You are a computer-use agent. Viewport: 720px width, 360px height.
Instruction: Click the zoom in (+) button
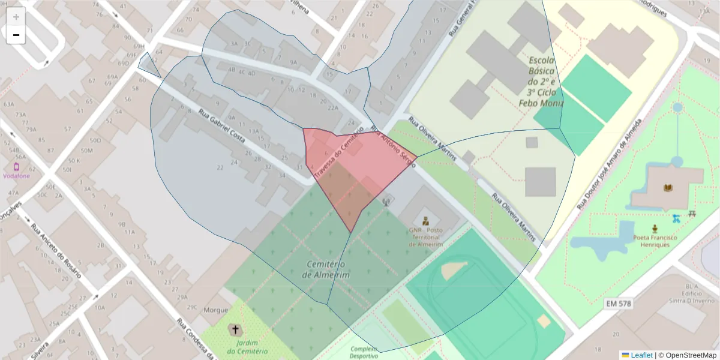pyautogui.click(x=16, y=17)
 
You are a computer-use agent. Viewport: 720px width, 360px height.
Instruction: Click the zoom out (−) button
pyautogui.click(x=16, y=35)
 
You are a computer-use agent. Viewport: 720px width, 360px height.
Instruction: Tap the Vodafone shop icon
pyautogui.click(x=16, y=166)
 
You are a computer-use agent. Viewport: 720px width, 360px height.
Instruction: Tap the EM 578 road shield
pyautogui.click(x=618, y=304)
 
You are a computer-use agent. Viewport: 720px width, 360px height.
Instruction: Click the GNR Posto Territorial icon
pyautogui.click(x=425, y=220)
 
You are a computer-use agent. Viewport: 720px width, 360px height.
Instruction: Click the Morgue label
pyautogui.click(x=216, y=310)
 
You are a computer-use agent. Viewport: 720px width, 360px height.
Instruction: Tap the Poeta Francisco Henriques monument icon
pyautogui.click(x=655, y=228)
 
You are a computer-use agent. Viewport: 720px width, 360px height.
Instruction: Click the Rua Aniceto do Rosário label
pyautogui.click(x=56, y=251)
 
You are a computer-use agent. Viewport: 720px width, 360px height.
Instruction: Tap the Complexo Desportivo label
pyautogui.click(x=363, y=352)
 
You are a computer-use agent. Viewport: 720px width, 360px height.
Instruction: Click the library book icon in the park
pyautogui.click(x=667, y=188)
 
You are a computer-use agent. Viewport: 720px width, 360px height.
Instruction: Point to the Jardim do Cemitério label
pyautogui.click(x=238, y=347)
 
